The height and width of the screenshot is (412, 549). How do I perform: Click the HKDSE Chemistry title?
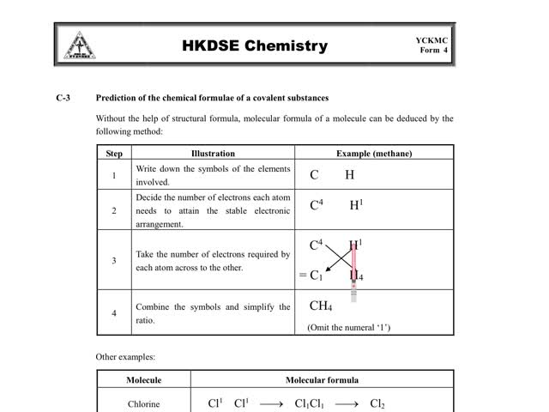pyautogui.click(x=255, y=45)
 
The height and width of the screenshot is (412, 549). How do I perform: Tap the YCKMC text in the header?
pyautogui.click(x=432, y=39)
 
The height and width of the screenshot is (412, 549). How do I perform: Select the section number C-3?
pyautogui.click(x=64, y=98)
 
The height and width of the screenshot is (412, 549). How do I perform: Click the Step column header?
pyautogui.click(x=114, y=154)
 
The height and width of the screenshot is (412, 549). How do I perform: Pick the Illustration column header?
pyautogui.click(x=213, y=154)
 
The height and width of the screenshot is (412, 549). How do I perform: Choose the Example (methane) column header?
pyautogui.click(x=374, y=154)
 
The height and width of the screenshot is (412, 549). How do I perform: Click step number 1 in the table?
pyautogui.click(x=114, y=176)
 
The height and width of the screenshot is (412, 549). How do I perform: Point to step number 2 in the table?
pyautogui.click(x=114, y=210)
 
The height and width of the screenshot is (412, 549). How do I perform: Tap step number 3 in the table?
pyautogui.click(x=114, y=260)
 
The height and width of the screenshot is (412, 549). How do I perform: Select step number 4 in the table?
pyautogui.click(x=114, y=312)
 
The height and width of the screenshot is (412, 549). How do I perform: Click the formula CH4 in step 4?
pyautogui.click(x=321, y=306)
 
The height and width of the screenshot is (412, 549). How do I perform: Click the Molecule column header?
pyautogui.click(x=144, y=380)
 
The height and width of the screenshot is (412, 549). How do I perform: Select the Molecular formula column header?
pyautogui.click(x=322, y=380)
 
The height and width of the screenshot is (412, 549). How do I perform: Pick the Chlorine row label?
pyautogui.click(x=144, y=403)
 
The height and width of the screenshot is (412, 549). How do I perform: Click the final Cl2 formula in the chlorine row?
pyautogui.click(x=377, y=403)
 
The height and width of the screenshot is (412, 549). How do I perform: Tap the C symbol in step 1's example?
pyautogui.click(x=315, y=175)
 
